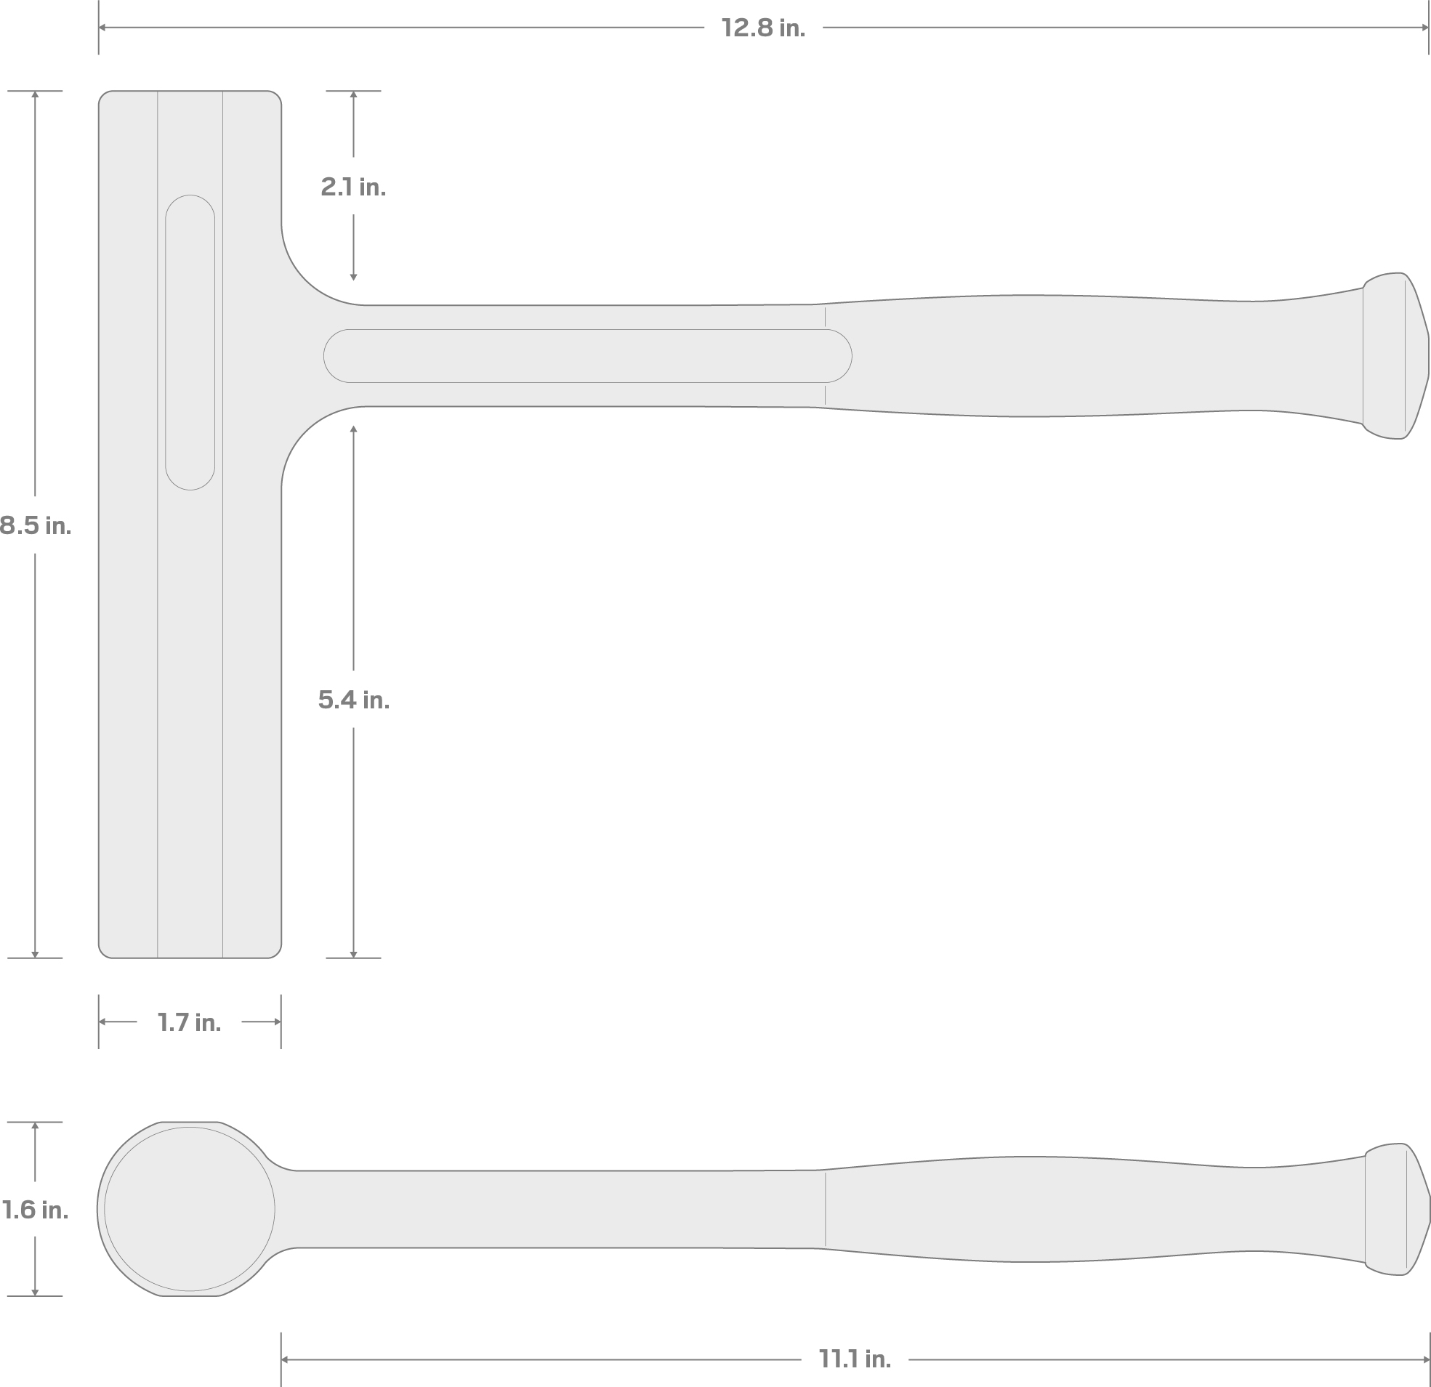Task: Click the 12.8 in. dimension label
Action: [x=763, y=28]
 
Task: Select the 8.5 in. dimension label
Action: [x=35, y=525]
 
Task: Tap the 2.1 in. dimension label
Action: [x=353, y=187]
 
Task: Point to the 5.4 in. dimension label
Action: [x=353, y=700]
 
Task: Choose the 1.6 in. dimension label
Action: [x=35, y=1210]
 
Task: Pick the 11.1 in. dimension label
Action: [x=855, y=1359]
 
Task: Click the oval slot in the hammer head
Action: [x=190, y=342]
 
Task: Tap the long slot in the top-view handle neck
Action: [x=588, y=356]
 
